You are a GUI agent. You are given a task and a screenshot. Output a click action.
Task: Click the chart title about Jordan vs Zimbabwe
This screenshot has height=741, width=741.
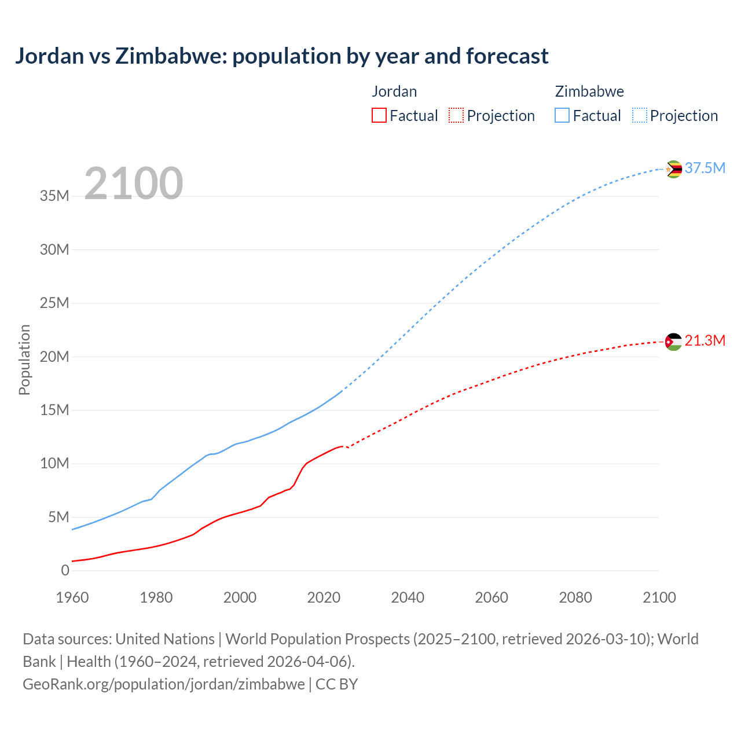coord(281,56)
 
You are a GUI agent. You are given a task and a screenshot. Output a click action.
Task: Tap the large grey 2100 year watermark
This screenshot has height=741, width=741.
coord(134,184)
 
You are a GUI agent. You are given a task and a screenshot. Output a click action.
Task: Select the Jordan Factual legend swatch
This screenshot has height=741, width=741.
coord(379,115)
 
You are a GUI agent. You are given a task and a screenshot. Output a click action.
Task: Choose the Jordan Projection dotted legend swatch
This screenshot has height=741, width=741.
coord(456,115)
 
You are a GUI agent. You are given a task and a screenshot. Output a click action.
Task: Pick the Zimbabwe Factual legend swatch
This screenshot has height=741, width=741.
coord(562,115)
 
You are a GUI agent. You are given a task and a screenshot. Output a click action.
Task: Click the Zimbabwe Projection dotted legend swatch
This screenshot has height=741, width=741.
coord(639,115)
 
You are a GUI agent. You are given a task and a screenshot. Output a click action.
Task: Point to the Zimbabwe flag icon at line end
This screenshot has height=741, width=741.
coord(673,169)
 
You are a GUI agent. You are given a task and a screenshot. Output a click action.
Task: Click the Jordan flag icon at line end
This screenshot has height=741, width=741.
coord(673,342)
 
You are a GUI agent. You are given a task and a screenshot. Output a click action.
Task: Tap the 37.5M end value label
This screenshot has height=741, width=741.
coord(705,168)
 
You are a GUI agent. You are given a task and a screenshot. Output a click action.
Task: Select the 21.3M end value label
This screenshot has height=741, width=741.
coord(705,340)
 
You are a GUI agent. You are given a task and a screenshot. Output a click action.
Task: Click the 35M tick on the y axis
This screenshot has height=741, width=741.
coord(54,196)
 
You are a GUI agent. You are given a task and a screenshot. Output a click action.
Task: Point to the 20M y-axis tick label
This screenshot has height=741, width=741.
coord(54,357)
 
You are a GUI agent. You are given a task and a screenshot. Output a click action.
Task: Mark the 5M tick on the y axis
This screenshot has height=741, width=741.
coord(58,517)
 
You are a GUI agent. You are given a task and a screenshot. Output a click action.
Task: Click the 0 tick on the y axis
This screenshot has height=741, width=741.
coord(65,570)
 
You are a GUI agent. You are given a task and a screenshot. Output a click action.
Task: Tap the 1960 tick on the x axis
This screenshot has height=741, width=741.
coord(72,597)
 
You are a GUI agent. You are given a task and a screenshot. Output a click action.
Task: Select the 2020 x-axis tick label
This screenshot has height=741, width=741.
coord(324,597)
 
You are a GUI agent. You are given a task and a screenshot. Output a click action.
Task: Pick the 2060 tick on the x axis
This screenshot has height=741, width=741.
coord(491,597)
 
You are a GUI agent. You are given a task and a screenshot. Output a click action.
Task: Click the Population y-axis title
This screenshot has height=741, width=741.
coord(24,360)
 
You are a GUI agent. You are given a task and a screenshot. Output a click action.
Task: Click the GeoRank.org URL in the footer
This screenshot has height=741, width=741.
coord(164,684)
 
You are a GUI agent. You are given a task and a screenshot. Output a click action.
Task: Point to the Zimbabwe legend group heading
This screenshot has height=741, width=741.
coord(589,91)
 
